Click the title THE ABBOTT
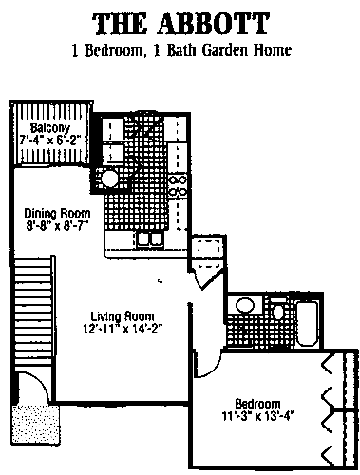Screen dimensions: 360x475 tap(180, 24)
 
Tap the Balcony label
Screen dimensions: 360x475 tap(50, 128)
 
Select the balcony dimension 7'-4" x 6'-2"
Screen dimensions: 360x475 tap(50, 140)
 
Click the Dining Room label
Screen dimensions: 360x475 tap(57, 214)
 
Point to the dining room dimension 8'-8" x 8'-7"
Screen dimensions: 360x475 tap(57, 226)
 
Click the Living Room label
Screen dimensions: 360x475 tap(123, 316)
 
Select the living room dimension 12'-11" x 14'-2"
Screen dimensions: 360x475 tap(123, 329)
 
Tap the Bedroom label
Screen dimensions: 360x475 tap(257, 404)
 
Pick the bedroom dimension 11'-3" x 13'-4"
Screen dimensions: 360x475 tap(257, 415)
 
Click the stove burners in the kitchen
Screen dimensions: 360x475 tap(178, 185)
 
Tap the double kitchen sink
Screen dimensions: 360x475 tap(150, 239)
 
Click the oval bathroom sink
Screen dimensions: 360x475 tap(245, 306)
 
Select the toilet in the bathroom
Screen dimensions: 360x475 tap(278, 309)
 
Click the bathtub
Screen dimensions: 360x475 tap(307, 324)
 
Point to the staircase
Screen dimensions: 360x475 tap(33, 312)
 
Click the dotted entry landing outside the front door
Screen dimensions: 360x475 tap(35, 425)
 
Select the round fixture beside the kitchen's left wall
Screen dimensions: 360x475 tap(109, 179)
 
